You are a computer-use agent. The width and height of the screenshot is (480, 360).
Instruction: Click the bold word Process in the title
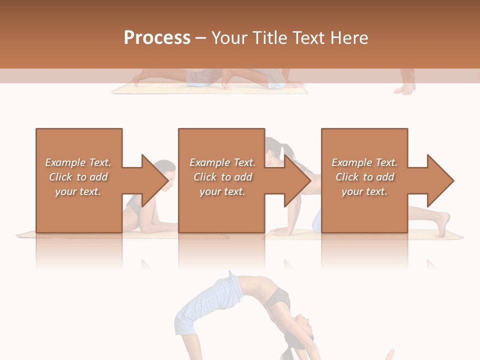coord(157,37)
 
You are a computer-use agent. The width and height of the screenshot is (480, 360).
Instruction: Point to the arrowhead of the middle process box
coord(297,180)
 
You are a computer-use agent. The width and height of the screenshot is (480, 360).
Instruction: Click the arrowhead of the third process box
coord(440,180)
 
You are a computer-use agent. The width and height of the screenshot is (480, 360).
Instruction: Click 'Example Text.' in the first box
coord(78,162)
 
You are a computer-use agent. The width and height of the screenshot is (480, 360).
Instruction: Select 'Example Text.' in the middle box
coord(222,162)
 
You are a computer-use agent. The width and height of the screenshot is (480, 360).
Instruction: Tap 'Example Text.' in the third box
coord(364,162)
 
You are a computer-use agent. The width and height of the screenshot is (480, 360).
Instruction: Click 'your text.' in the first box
coord(78,191)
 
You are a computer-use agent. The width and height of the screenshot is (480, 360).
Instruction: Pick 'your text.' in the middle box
coord(222,191)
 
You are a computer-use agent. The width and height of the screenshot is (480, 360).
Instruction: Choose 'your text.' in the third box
coord(364,191)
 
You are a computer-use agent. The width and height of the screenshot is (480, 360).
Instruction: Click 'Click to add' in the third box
coord(364,177)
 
